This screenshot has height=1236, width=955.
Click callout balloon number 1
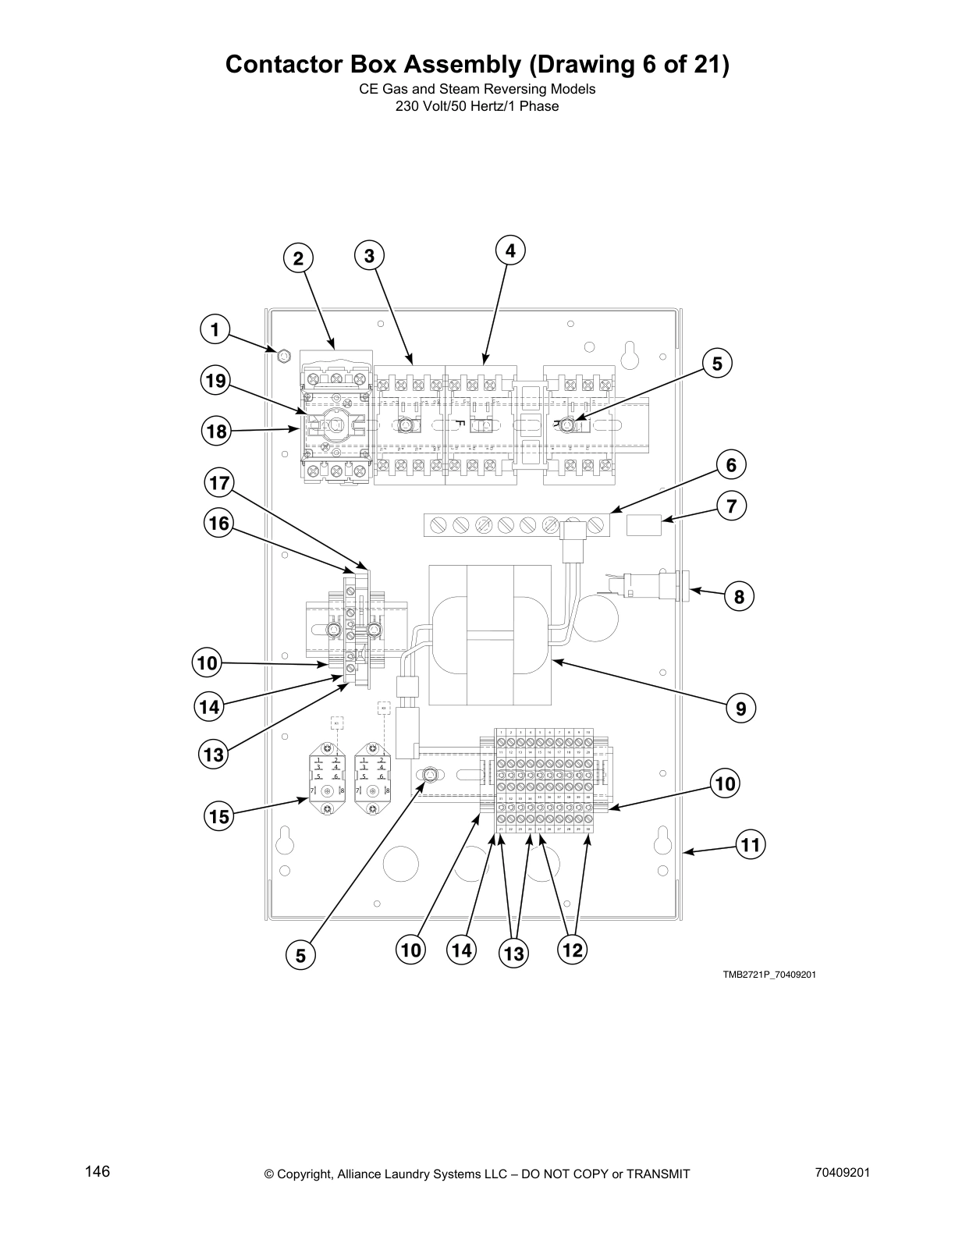(x=215, y=329)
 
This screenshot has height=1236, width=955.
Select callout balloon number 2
(x=298, y=258)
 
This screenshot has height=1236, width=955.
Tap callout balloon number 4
(x=510, y=250)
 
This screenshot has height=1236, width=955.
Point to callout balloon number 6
(x=731, y=465)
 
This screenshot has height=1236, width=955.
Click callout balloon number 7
(x=731, y=506)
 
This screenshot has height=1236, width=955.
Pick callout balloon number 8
(x=739, y=598)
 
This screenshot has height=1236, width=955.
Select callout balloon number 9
(x=740, y=709)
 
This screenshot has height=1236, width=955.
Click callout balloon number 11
(x=750, y=844)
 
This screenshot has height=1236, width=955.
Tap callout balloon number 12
(x=572, y=950)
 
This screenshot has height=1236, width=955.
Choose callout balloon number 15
(x=219, y=817)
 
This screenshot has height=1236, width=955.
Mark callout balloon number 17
(x=220, y=484)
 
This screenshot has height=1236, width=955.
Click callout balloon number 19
(x=215, y=382)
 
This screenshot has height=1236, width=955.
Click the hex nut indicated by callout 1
(x=284, y=357)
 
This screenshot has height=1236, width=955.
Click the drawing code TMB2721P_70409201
(x=769, y=975)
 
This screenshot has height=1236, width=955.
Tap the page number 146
(x=98, y=1172)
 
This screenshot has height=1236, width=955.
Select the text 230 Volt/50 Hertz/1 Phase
(x=477, y=106)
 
